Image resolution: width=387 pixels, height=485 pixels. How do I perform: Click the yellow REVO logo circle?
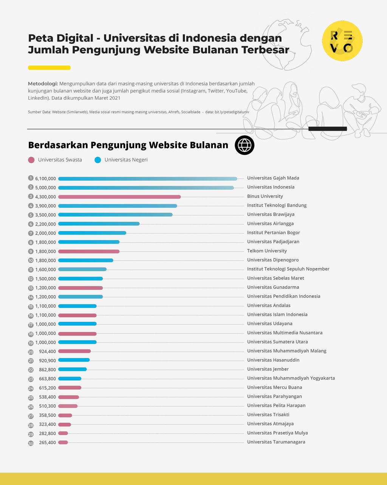(x=342, y=41)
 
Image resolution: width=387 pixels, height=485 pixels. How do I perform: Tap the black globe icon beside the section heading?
(x=245, y=145)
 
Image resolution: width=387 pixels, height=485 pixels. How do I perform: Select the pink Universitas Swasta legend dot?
(x=31, y=160)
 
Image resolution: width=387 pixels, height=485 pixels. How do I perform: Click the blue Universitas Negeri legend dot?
(x=98, y=160)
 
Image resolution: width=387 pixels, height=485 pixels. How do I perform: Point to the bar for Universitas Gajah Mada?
(x=147, y=179)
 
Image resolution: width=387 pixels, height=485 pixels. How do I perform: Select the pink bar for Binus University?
(x=119, y=197)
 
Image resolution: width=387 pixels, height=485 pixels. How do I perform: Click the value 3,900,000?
(x=45, y=206)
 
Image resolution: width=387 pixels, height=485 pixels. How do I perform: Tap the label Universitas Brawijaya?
(x=271, y=215)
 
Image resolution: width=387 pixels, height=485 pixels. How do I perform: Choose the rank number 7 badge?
(x=31, y=233)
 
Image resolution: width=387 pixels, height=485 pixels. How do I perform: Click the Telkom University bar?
(x=89, y=252)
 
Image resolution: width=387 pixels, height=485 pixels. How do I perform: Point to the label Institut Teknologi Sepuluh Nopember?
(x=288, y=269)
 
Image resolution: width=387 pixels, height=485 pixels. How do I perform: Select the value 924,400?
(x=47, y=351)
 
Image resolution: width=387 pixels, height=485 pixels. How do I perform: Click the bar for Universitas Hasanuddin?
(x=74, y=360)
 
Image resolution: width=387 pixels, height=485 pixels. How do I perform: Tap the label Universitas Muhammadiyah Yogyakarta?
(x=291, y=378)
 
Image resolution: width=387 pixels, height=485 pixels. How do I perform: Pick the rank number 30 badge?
(x=31, y=443)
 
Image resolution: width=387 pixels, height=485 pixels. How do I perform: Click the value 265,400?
(x=47, y=443)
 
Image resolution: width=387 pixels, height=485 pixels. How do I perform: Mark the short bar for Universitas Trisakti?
(x=65, y=415)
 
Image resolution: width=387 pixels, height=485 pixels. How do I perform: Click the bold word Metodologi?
(x=43, y=83)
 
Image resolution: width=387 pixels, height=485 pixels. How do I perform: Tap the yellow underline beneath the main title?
(x=49, y=68)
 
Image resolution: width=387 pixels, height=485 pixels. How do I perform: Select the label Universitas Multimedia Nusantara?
(x=285, y=333)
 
